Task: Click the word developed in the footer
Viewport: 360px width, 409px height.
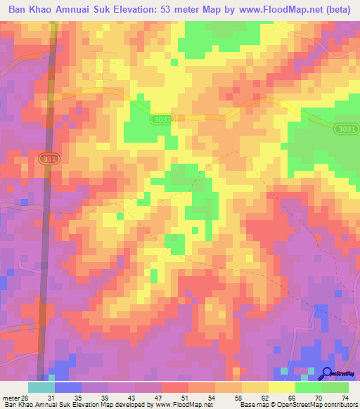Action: tap(133, 404)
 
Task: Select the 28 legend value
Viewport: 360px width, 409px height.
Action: tap(26, 397)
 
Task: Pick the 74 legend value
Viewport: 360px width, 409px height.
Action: tap(343, 397)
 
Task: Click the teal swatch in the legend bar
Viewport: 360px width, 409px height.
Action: tap(41, 387)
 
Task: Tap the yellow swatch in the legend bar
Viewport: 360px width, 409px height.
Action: tap(255, 387)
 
